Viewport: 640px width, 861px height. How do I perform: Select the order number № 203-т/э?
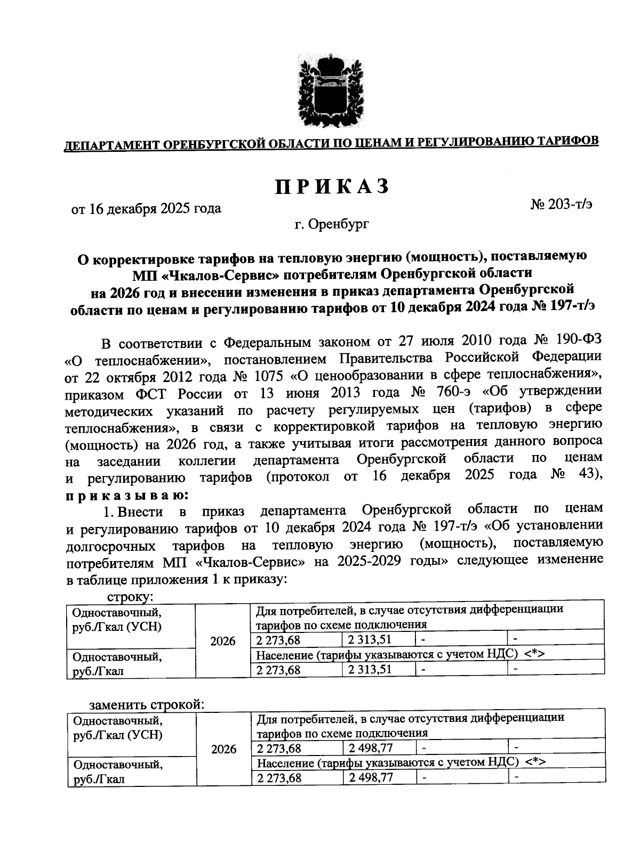click(561, 204)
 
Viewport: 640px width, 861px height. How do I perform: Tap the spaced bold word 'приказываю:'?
click(126, 495)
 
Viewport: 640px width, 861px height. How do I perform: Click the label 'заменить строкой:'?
click(147, 704)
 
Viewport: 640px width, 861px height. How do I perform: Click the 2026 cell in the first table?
click(223, 641)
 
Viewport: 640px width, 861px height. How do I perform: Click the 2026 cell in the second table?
click(223, 750)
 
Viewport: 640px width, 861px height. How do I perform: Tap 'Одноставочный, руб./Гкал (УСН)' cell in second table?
click(117, 727)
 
